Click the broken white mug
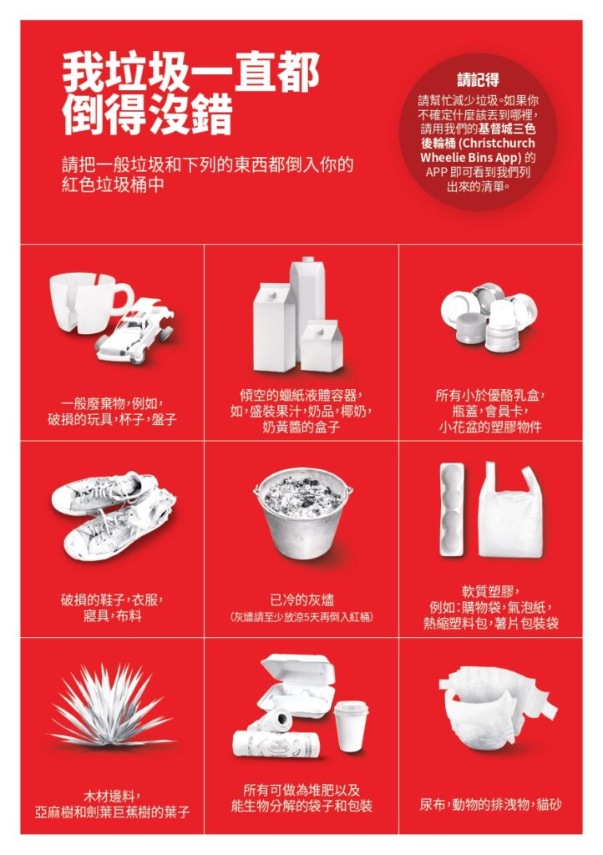(87, 302)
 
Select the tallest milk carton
(308, 306)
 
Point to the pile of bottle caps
(489, 316)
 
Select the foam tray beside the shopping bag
(453, 509)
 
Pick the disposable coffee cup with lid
(351, 726)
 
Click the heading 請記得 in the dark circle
(479, 80)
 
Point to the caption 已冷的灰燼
(301, 600)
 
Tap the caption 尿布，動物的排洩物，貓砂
(490, 804)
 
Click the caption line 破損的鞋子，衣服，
(112, 600)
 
